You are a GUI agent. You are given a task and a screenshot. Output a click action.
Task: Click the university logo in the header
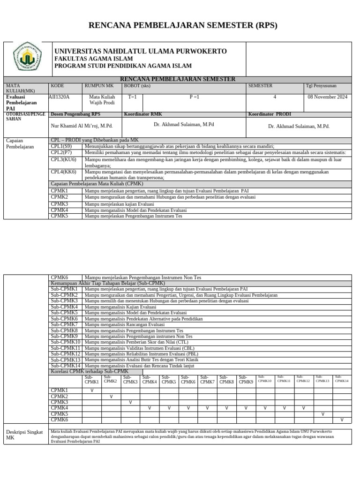(27, 59)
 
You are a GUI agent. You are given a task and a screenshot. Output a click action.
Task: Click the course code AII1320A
(59, 97)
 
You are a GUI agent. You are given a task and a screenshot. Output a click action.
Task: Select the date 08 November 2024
(327, 97)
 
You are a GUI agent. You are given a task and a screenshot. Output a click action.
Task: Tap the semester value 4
(275, 97)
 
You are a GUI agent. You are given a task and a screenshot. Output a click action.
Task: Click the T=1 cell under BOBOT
(132, 97)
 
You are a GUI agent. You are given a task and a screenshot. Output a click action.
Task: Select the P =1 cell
(194, 97)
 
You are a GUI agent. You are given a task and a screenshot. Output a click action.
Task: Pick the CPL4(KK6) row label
(64, 172)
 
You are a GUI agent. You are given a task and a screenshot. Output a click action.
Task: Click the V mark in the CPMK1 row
(92, 390)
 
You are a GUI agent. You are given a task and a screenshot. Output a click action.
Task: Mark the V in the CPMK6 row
(342, 420)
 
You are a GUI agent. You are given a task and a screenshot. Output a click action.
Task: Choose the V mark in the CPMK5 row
(322, 414)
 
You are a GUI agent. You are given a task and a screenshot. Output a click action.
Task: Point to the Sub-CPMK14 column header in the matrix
(342, 379)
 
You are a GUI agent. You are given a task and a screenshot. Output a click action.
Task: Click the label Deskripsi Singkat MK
(24, 435)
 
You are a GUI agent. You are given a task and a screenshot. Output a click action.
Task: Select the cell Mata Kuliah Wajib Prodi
(102, 100)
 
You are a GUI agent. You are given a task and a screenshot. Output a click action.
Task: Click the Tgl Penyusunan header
(321, 86)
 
